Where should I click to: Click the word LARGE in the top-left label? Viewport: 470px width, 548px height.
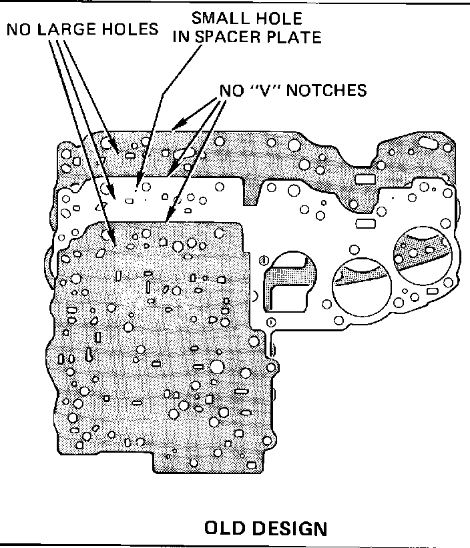67,29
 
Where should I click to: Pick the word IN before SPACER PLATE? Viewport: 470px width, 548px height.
182,37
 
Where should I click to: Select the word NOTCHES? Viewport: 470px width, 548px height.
328,90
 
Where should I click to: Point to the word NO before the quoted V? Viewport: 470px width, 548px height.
231,90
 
